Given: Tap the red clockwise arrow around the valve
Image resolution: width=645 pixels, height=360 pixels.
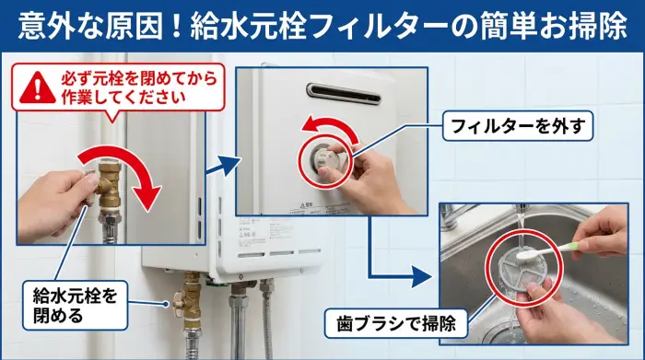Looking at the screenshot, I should coord(129,175).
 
